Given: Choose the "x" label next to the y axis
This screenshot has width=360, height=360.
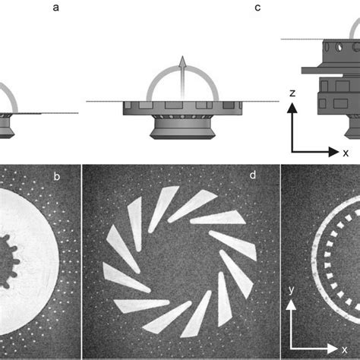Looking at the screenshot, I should (346, 350).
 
